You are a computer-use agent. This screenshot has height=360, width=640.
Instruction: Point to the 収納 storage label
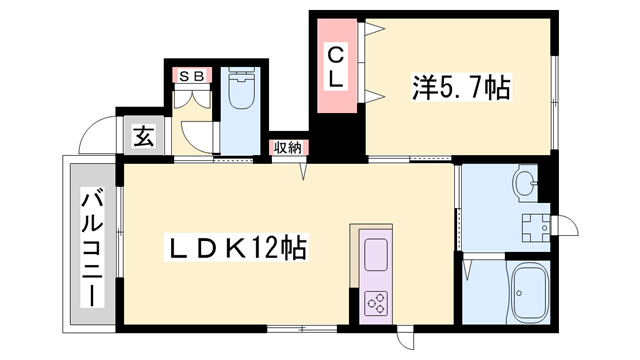(288, 147)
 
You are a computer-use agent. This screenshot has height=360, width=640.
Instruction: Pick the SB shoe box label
(190, 75)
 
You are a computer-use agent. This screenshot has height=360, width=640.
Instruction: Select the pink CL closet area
(337, 65)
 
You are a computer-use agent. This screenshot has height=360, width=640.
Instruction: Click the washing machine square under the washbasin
(534, 225)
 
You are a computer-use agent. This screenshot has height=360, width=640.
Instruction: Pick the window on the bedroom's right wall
(555, 89)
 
